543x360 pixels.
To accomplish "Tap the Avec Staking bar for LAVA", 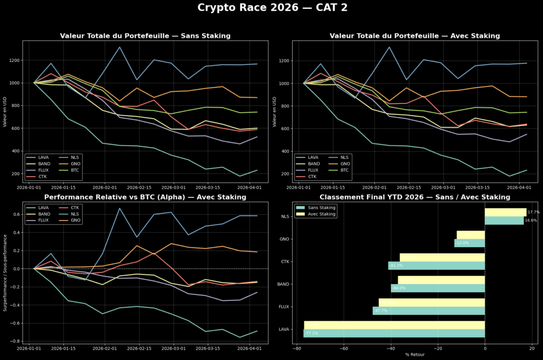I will tap(394, 325).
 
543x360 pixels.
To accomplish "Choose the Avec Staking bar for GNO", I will tap(470, 235).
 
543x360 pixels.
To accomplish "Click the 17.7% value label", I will tap(533, 212).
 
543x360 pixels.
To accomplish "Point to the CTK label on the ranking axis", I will tap(284, 261).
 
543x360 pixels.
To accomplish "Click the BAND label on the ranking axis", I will tap(283, 284).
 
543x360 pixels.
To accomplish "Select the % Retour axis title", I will tap(414, 354).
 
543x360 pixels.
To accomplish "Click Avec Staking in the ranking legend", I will tap(321, 214).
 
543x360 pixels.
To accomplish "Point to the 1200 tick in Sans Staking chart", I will tap(14, 60).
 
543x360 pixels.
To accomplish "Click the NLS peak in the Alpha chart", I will tap(120, 208).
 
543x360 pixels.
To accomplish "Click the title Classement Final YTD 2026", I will tap(414, 197).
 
